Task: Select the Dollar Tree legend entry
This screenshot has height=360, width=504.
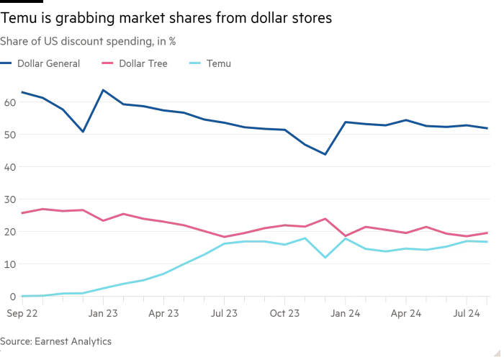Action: click(x=143, y=63)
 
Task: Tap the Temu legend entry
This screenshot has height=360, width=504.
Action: click(x=218, y=63)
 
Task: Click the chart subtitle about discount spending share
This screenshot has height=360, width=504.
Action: click(x=88, y=42)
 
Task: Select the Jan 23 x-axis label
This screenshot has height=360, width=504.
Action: click(x=103, y=313)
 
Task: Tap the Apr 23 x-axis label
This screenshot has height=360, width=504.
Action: click(x=163, y=313)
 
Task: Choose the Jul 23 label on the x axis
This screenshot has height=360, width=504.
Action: click(x=225, y=313)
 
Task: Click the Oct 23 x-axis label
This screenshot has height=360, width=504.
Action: click(x=286, y=313)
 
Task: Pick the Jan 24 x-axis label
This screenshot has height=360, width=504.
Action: click(x=346, y=313)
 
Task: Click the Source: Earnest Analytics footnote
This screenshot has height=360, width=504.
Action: click(x=55, y=341)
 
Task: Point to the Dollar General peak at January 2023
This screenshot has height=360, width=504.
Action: click(x=103, y=90)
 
